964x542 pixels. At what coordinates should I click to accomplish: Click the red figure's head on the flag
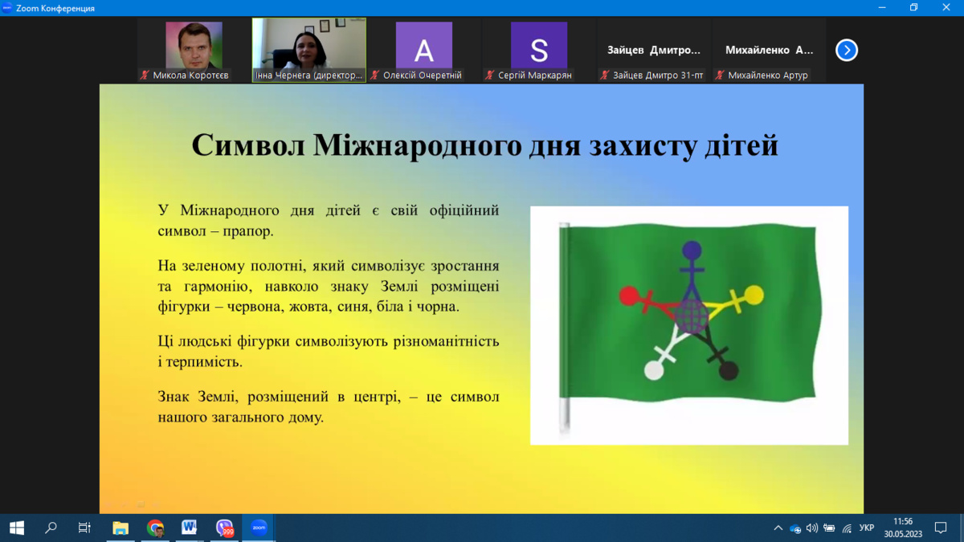pos(629,296)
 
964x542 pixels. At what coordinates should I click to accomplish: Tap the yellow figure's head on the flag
pos(754,295)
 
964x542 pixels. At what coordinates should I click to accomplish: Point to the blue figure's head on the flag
pos(692,250)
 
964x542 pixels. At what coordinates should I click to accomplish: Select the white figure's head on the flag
pos(654,371)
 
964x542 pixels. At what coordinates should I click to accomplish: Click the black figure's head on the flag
pos(729,371)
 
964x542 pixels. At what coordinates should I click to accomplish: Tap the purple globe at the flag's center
pos(692,317)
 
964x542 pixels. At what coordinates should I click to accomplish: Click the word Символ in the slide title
pos(248,145)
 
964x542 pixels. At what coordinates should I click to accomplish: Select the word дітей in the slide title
pos(741,145)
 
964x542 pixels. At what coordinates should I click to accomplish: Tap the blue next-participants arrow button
pos(847,51)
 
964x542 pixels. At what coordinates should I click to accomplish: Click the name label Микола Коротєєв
pos(190,75)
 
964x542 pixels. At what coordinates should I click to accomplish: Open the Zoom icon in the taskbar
pos(259,528)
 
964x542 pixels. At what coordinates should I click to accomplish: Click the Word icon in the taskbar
pos(189,528)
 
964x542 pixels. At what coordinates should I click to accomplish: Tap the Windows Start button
pos(17,528)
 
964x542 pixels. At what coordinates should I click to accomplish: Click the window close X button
pos(946,7)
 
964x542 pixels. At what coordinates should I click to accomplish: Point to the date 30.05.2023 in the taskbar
pos(903,534)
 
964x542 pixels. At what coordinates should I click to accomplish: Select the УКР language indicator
pos(866,528)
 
